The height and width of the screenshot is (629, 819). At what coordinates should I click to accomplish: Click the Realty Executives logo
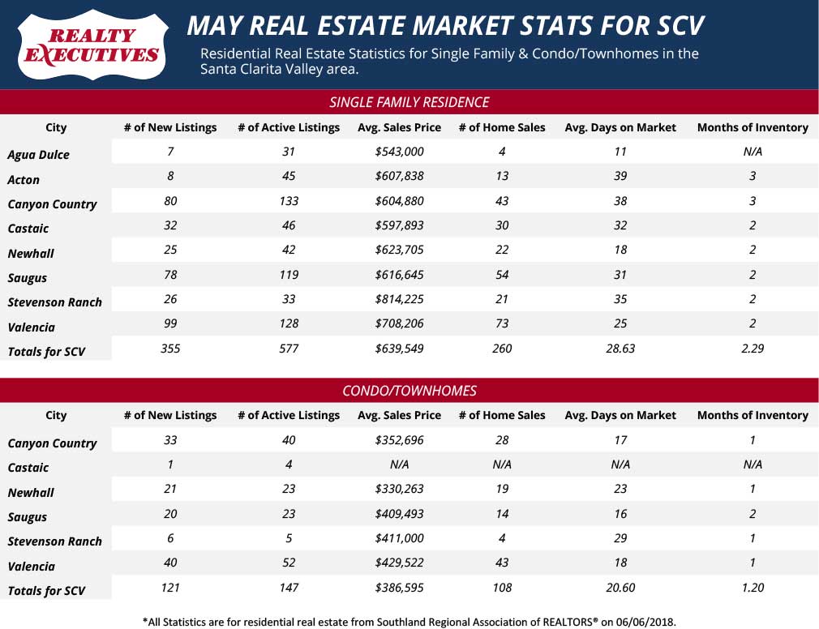[92, 45]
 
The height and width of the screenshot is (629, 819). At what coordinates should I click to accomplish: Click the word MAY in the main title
[214, 26]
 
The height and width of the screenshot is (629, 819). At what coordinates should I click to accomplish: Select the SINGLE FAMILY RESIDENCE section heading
[409, 102]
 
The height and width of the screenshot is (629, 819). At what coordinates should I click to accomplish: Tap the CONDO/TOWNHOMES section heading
[409, 390]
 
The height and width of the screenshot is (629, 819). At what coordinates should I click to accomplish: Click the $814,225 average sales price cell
[399, 300]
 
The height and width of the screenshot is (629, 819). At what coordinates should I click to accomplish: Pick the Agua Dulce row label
[38, 154]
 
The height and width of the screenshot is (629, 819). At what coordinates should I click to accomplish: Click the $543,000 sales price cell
[399, 152]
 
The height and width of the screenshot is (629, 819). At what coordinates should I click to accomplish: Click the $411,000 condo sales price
[399, 539]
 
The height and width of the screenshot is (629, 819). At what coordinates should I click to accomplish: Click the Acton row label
[24, 179]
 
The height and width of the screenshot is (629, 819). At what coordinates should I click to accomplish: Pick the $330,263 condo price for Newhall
[399, 490]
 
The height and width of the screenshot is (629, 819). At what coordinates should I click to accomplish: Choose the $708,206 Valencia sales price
[399, 324]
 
